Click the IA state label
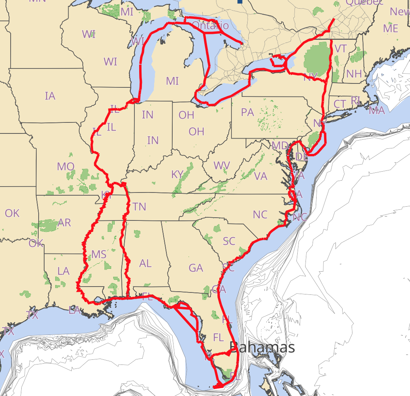click(50, 96)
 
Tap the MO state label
click(65, 167)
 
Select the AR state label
click(64, 223)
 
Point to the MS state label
click(99, 254)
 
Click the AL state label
click(145, 263)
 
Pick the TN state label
click(139, 207)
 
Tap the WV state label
click(222, 165)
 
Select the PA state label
click(247, 112)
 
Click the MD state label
click(280, 146)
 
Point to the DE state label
click(302, 157)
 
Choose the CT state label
click(339, 104)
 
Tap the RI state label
click(355, 100)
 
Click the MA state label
click(376, 111)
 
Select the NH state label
click(354, 74)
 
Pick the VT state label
click(340, 48)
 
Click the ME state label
click(390, 28)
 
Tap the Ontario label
click(210, 26)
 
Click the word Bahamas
click(262, 347)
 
